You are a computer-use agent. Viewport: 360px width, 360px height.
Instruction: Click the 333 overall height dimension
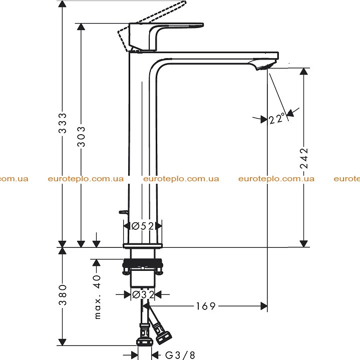[62, 123]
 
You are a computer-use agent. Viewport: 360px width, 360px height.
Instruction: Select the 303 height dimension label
[81, 136]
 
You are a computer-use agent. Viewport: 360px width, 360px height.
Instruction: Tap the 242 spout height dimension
[304, 158]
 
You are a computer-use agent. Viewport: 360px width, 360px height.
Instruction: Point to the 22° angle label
[277, 119]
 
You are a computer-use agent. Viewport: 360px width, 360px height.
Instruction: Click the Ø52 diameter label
[143, 226]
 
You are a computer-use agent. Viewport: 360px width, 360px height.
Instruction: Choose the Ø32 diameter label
[143, 294]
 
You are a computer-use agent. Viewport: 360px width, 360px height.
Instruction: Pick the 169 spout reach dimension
[206, 306]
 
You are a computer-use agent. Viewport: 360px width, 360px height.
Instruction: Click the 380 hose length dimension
[63, 295]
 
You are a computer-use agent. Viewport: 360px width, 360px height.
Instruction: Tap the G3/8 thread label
[180, 355]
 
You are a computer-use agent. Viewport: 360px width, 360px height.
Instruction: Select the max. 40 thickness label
[97, 296]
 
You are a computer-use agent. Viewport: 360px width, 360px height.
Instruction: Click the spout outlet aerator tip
[264, 67]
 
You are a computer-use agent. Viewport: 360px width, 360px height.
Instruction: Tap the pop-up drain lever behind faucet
[124, 212]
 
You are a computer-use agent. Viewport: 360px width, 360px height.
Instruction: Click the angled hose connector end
[163, 336]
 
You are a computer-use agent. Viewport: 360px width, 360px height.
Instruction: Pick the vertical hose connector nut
[144, 341]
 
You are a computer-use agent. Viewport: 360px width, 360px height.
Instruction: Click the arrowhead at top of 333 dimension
[62, 4]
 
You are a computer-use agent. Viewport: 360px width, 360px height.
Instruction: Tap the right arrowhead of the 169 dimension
[264, 306]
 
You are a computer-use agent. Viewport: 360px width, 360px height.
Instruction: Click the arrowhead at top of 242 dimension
[304, 72]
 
